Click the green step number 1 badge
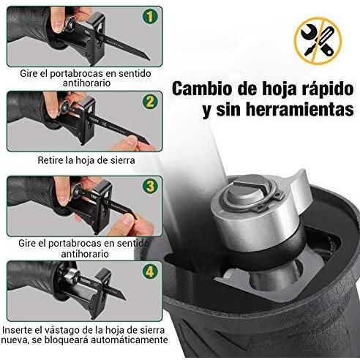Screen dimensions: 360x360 150,17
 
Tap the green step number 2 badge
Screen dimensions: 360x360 150,101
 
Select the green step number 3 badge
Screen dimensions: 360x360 150,186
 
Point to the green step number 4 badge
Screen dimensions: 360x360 150,271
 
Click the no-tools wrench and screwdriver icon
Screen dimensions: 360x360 318,41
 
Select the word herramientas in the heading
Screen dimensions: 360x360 300,110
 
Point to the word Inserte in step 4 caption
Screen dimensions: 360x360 17,330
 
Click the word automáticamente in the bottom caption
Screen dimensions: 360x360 129,340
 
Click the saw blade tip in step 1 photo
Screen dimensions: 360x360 149,59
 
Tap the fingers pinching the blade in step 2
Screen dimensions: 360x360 133,143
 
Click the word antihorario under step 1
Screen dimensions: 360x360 86,83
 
